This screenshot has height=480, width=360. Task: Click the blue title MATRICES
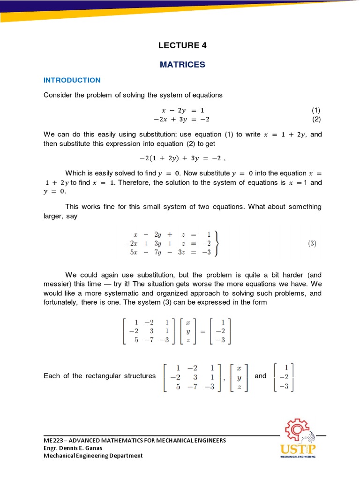(x=182, y=64)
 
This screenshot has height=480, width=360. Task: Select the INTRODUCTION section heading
(x=72, y=80)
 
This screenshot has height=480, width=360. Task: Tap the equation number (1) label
(x=316, y=110)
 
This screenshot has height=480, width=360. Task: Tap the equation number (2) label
(x=316, y=120)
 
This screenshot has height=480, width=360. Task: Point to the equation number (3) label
(x=312, y=244)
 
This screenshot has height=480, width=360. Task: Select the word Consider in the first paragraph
(x=58, y=95)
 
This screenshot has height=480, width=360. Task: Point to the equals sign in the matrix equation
(x=197, y=331)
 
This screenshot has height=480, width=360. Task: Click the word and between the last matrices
(x=260, y=376)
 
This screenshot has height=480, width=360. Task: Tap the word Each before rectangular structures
(x=52, y=376)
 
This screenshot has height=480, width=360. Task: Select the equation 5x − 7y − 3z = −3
(x=168, y=253)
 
